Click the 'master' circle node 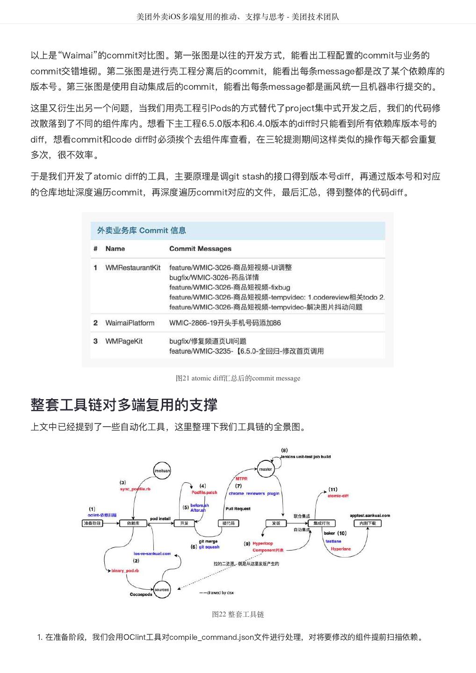[x=266, y=469]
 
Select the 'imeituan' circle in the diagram [x=162, y=471]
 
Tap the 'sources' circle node [x=162, y=590]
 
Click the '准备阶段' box [x=92, y=523]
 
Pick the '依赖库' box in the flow [x=133, y=523]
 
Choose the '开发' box [x=184, y=523]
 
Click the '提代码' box [x=229, y=523]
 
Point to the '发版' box [x=276, y=523]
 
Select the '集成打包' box [x=322, y=523]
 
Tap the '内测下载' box [x=367, y=523]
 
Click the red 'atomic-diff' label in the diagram [x=338, y=496]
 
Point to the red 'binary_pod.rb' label [x=125, y=571]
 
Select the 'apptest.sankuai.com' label [x=369, y=515]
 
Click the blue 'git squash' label [x=209, y=547]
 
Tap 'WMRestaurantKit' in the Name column [x=133, y=268]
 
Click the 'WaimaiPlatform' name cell [x=130, y=323]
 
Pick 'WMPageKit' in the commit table [x=124, y=341]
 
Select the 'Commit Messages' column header [x=200, y=249]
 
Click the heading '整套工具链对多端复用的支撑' [x=124, y=405]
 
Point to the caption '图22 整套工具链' [x=238, y=614]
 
